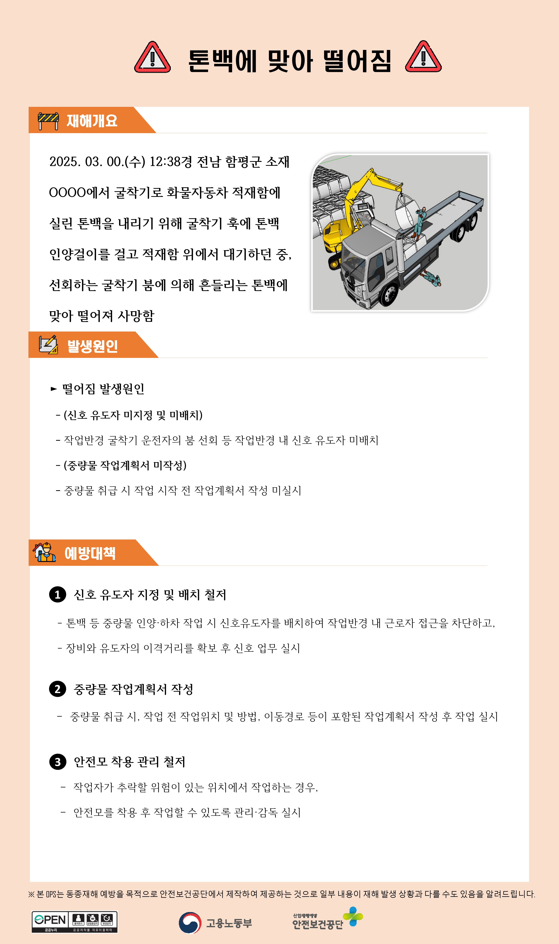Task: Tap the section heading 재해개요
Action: click(x=92, y=121)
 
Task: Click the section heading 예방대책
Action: click(x=90, y=553)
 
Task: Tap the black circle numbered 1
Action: click(x=58, y=595)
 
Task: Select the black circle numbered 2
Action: click(x=58, y=689)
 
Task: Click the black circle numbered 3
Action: click(x=58, y=762)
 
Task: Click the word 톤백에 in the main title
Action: click(x=222, y=61)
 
